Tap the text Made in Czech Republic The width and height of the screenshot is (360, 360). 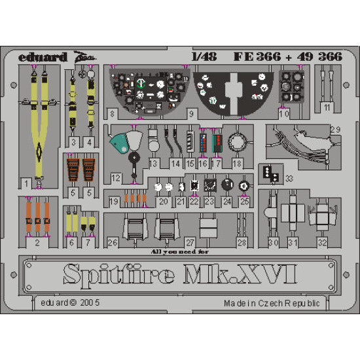coord(272,303)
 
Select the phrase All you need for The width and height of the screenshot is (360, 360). coord(181,250)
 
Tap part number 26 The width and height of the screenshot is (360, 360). coord(113,242)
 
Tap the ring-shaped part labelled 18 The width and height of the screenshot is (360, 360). coord(238,142)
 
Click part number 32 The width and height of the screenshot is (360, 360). coord(322,242)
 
